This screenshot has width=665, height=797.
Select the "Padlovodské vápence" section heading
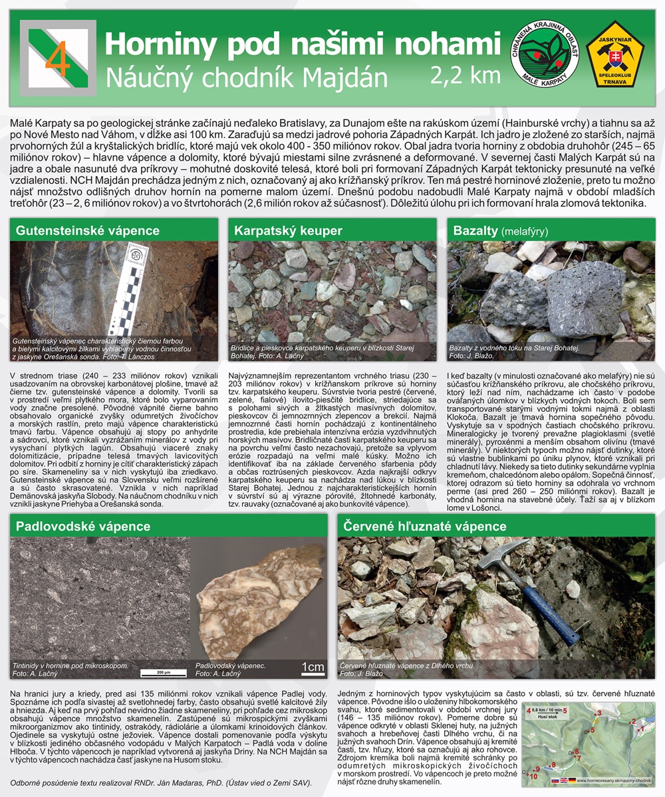click(x=83, y=526)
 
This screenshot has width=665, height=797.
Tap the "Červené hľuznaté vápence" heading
click(x=424, y=526)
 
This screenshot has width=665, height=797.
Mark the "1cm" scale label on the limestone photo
click(x=312, y=666)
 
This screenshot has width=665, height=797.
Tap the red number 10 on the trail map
click(x=533, y=775)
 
